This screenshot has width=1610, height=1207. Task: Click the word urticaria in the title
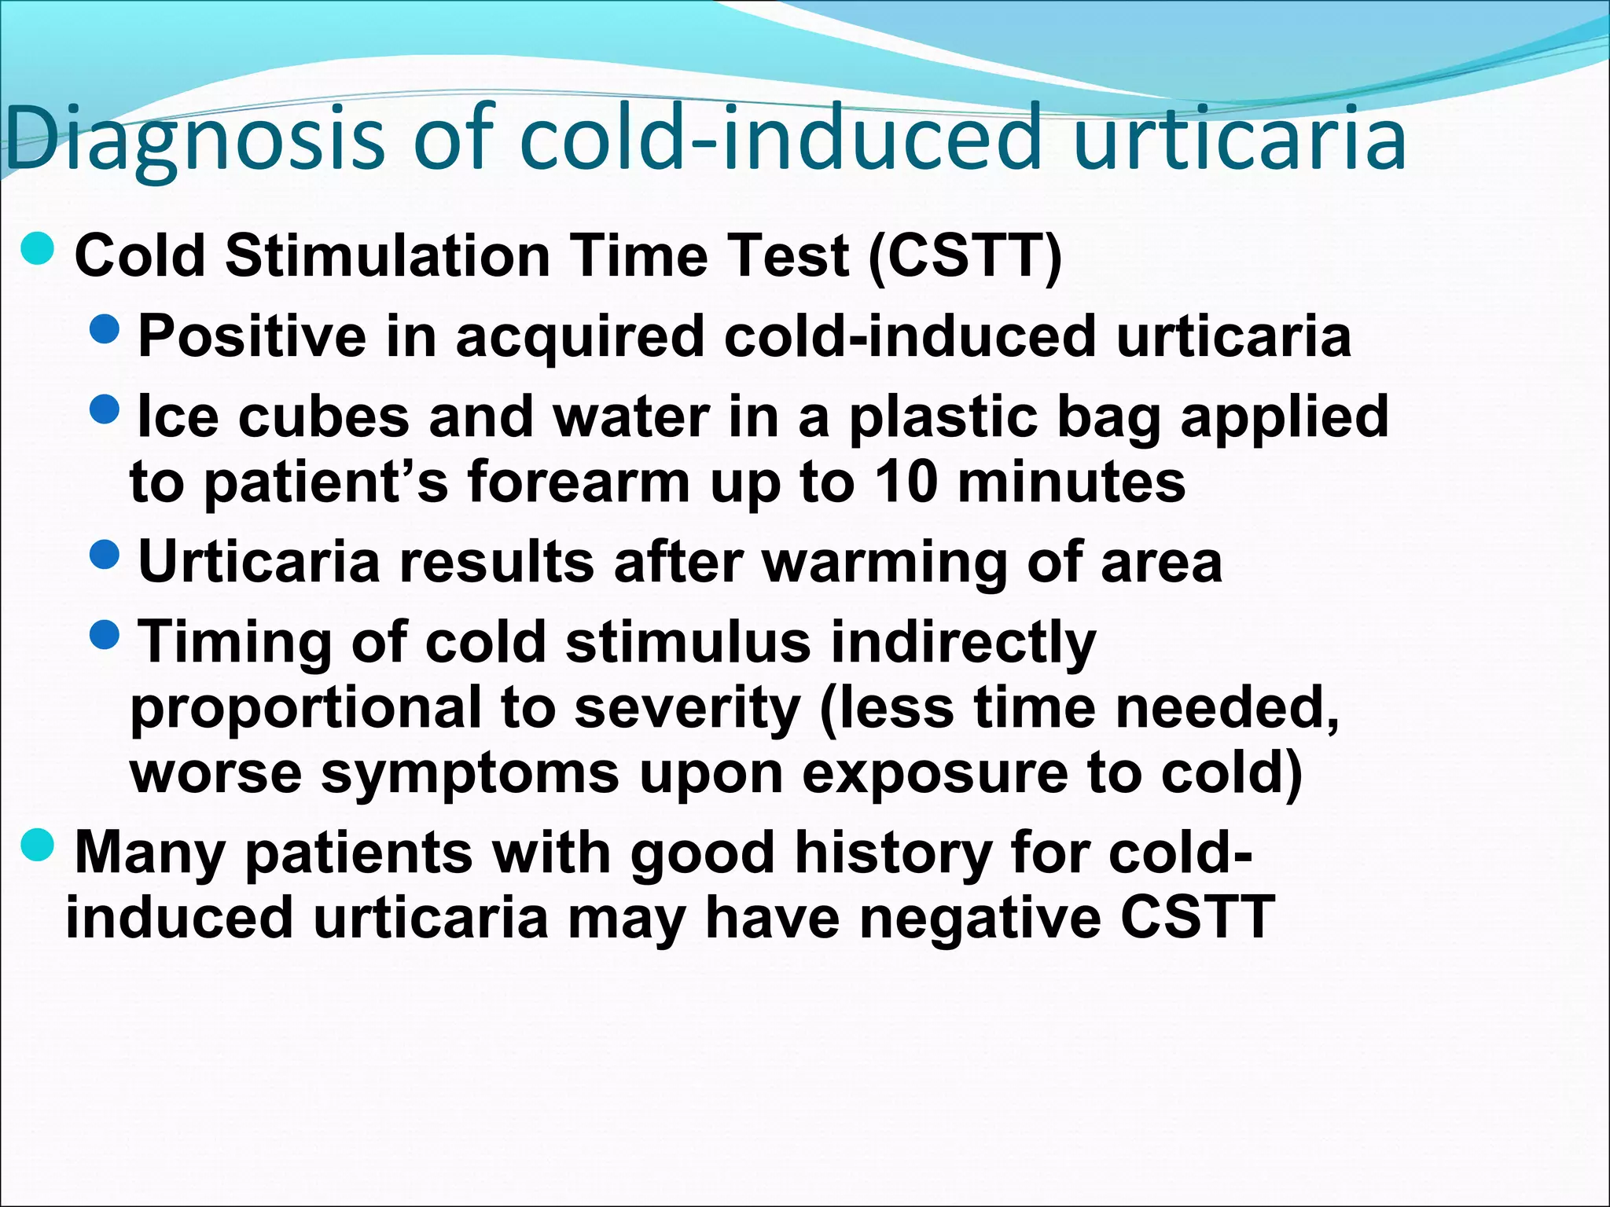1239,140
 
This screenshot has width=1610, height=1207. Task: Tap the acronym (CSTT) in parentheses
965,256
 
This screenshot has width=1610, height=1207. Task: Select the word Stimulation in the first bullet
387,256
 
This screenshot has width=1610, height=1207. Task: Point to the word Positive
252,336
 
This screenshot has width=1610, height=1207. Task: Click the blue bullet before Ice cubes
105,408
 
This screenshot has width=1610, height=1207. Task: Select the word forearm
579,481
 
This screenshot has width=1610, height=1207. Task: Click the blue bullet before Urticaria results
105,554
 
